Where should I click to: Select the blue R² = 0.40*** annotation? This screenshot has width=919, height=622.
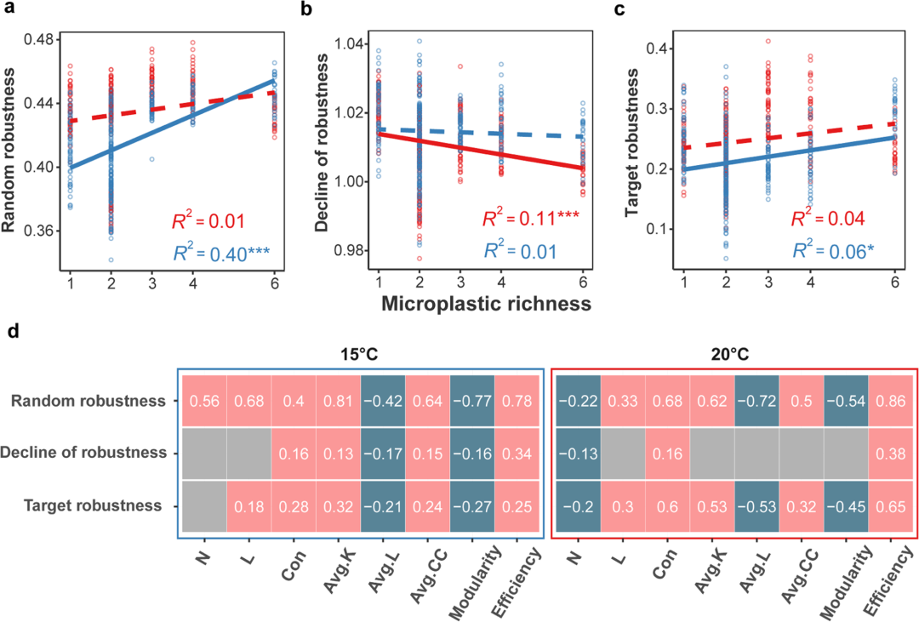coord(210,252)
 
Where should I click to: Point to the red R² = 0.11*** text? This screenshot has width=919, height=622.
coord(530,220)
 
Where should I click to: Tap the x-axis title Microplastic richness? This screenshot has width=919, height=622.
coord(486,304)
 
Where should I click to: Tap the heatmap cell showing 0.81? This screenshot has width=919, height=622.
coord(338,401)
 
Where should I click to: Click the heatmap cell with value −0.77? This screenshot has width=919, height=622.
coord(472,401)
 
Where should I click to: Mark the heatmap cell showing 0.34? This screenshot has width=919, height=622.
coord(517,453)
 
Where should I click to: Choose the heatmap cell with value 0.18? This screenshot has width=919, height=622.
coord(248,505)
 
